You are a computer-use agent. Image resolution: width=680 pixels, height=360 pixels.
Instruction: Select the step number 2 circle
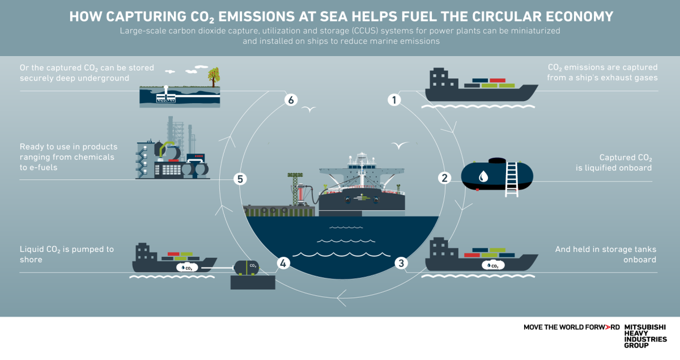point(445,178)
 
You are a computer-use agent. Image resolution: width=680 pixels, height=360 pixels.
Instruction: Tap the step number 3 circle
point(401,263)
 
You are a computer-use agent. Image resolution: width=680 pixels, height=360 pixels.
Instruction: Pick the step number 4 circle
point(283,263)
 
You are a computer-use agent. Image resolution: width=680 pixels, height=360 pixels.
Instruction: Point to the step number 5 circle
point(241,179)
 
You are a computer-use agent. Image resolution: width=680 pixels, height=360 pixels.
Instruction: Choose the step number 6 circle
point(290,100)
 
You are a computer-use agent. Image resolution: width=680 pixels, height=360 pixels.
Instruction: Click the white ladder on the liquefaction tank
point(511,178)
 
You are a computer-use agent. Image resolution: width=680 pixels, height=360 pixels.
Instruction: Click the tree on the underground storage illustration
point(214,76)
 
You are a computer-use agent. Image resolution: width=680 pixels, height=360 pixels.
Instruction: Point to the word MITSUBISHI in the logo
point(645,328)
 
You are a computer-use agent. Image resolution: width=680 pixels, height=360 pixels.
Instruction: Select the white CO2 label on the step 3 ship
point(492,265)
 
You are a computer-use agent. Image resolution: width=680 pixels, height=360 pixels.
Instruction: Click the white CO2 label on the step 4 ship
point(187,267)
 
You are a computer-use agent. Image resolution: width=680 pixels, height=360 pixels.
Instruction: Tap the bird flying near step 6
point(309,109)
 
